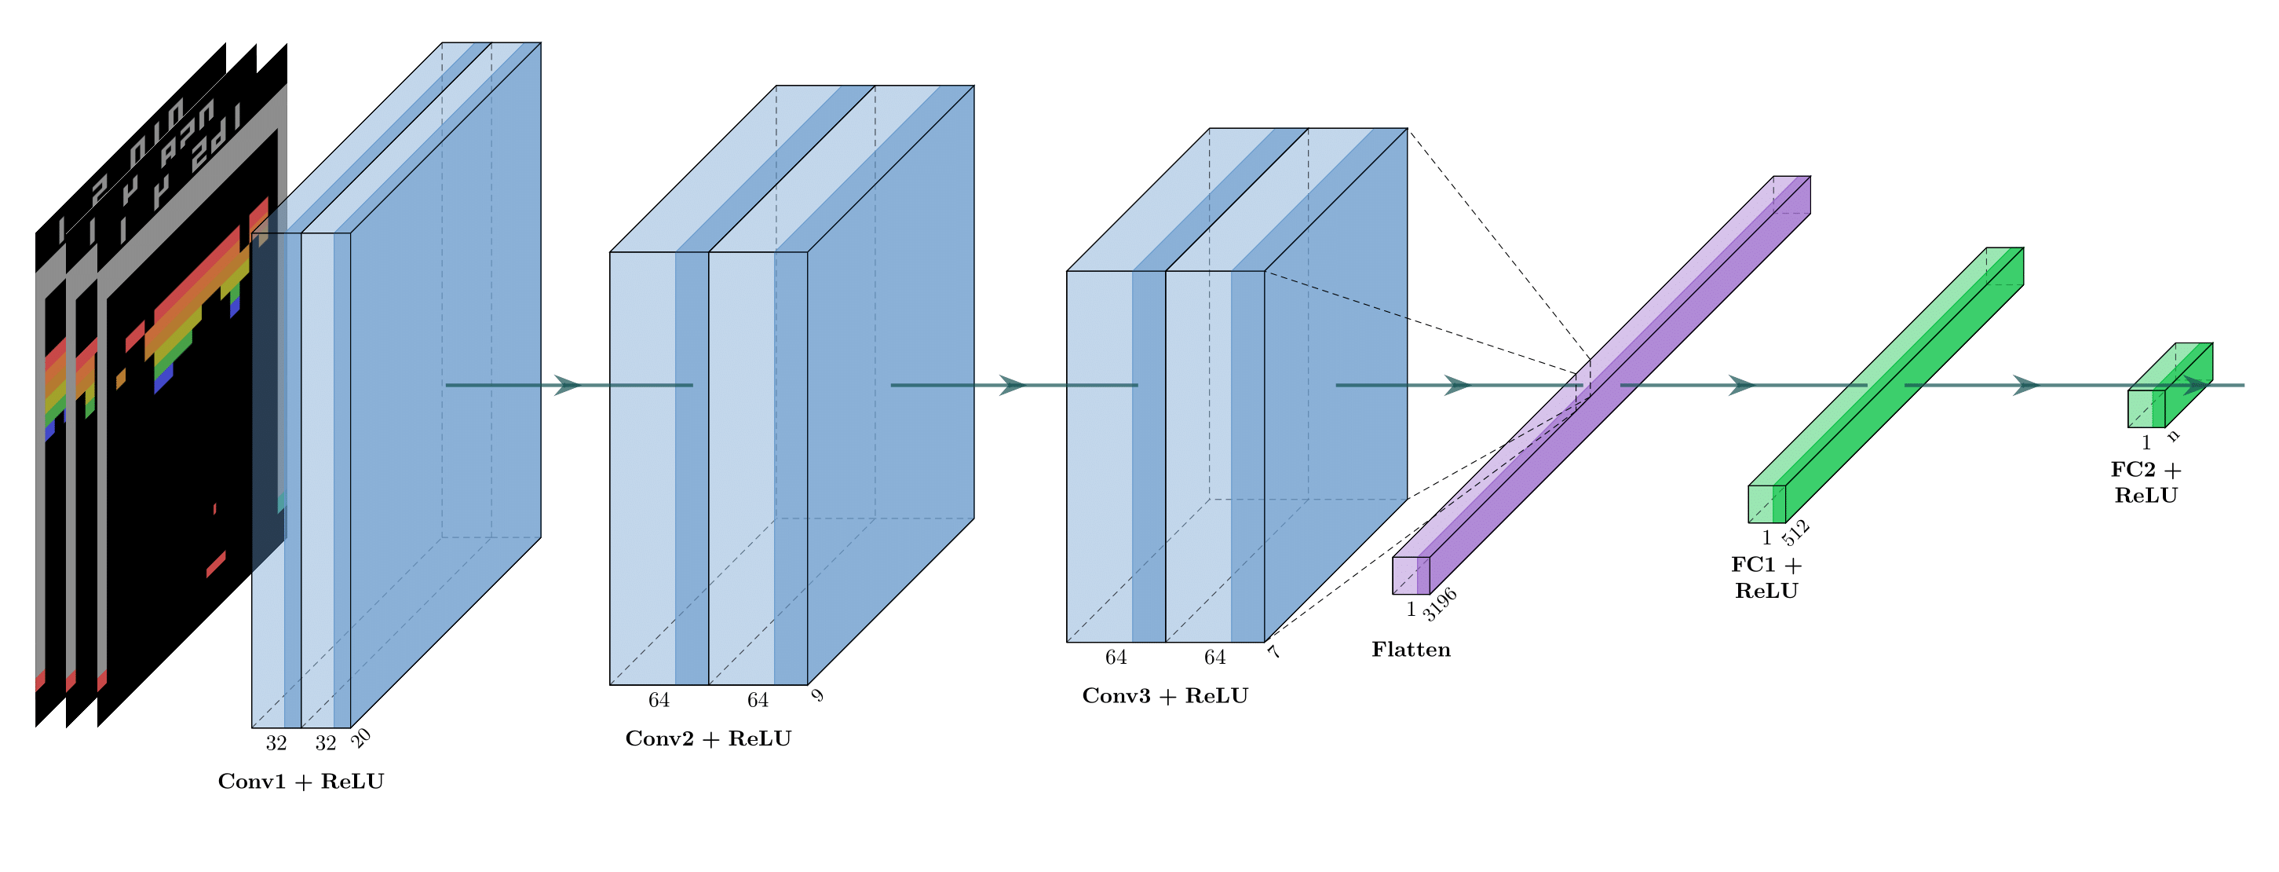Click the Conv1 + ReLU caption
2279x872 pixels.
[301, 782]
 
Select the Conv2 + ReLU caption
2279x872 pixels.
[708, 738]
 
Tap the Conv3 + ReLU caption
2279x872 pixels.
[1164, 696]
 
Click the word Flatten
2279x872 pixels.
[1410, 650]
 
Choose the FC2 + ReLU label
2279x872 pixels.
[2146, 482]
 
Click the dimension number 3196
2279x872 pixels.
[1440, 604]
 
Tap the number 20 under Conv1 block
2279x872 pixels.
[361, 738]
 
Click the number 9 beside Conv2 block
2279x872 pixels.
[817, 696]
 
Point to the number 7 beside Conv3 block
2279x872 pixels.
[1274, 653]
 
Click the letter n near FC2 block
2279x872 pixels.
[2173, 435]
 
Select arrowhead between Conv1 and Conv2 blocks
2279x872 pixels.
[567, 385]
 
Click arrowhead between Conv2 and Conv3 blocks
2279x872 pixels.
[1012, 385]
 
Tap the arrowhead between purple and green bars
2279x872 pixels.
[1741, 385]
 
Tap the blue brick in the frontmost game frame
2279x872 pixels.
[163, 382]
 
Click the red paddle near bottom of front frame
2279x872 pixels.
[216, 563]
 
